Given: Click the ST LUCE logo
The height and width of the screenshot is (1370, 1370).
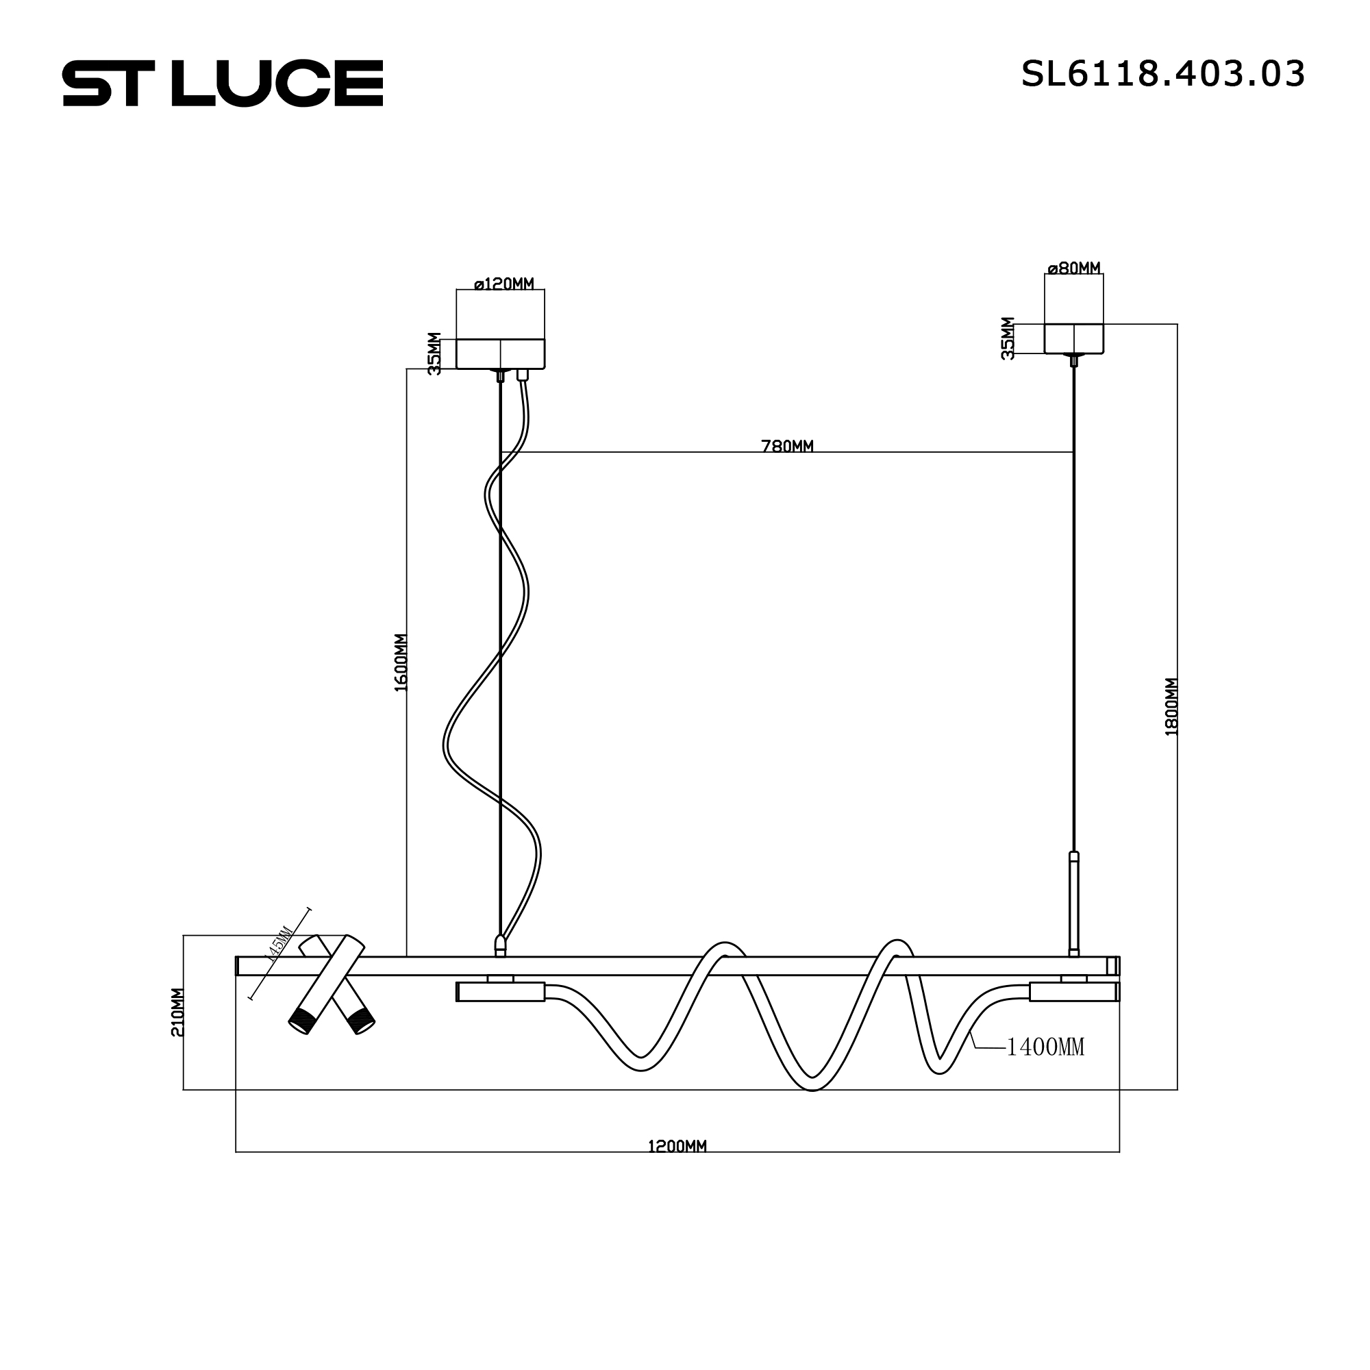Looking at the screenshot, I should pyautogui.click(x=223, y=83).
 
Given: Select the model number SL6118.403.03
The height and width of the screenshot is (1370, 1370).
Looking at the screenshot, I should pyautogui.click(x=1162, y=74).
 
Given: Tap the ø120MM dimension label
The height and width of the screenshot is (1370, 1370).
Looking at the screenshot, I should pyautogui.click(x=503, y=284).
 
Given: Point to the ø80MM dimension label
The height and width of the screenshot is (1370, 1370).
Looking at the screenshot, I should pyautogui.click(x=1073, y=269).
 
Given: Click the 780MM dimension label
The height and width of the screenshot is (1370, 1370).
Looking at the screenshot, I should pyautogui.click(x=787, y=446).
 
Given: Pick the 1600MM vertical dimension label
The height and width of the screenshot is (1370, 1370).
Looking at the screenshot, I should pyautogui.click(x=401, y=662).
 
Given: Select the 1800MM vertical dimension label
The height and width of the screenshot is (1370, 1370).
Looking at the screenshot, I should pyautogui.click(x=1171, y=706).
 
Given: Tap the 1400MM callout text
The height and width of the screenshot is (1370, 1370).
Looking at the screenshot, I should pyautogui.click(x=1045, y=1047).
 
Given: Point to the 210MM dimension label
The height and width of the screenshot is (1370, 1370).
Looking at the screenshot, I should pyautogui.click(x=178, y=1012).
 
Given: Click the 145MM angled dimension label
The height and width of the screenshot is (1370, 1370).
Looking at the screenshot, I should pyautogui.click(x=278, y=943).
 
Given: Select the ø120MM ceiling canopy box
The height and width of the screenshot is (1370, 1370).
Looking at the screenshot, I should pyautogui.click(x=501, y=354).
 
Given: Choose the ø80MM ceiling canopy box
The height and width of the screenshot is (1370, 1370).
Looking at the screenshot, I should pyautogui.click(x=1073, y=338).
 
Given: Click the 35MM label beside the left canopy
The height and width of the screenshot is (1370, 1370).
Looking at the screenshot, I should pyautogui.click(x=435, y=353).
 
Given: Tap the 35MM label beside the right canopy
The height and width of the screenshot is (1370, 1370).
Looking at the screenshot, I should pyautogui.click(x=1008, y=338).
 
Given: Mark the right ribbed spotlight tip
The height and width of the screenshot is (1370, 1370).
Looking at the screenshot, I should pyautogui.click(x=362, y=1022).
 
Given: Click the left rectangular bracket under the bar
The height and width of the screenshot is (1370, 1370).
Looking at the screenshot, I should pyautogui.click(x=500, y=991).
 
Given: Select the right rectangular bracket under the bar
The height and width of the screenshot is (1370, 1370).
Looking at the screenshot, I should pyautogui.click(x=1073, y=991).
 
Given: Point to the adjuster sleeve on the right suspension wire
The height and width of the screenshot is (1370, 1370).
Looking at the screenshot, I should pyautogui.click(x=1073, y=902).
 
